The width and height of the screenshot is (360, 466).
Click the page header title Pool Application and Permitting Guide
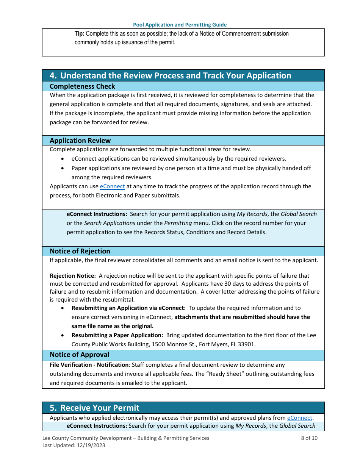[x=180, y=25]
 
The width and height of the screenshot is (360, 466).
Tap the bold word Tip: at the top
[x=79, y=34]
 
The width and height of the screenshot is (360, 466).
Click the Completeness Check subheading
[x=82, y=86]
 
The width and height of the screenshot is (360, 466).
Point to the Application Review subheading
[x=80, y=141]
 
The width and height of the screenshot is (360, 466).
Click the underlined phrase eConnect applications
[x=100, y=159]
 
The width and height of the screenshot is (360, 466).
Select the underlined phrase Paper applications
[x=95, y=168]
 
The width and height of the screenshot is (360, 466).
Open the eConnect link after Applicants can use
[x=112, y=186]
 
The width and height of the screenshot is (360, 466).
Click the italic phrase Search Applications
[x=110, y=223]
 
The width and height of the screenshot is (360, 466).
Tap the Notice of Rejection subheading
[x=80, y=251]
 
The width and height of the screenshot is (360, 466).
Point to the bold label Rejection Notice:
[x=73, y=276]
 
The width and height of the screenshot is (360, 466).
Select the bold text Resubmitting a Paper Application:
[x=117, y=335]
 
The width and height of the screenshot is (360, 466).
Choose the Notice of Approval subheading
[x=80, y=355]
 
